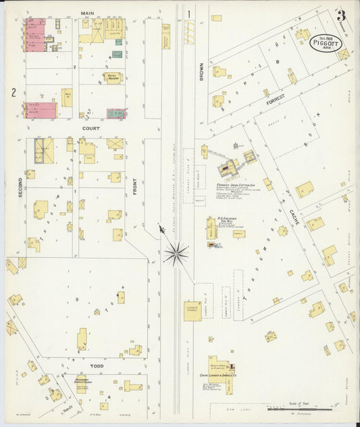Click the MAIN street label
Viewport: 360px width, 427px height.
[86, 13]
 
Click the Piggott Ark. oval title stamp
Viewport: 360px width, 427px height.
[326, 43]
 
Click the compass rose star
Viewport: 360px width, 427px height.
[176, 254]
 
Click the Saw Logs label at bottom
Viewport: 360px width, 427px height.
[234, 407]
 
